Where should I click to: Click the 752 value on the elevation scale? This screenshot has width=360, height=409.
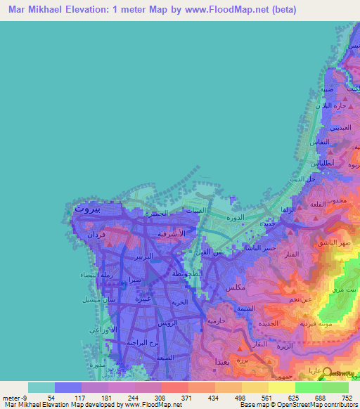tap(347, 397)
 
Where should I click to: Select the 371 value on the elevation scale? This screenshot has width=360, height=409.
tap(174, 397)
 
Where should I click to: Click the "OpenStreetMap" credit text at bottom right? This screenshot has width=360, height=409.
tap(307, 405)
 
